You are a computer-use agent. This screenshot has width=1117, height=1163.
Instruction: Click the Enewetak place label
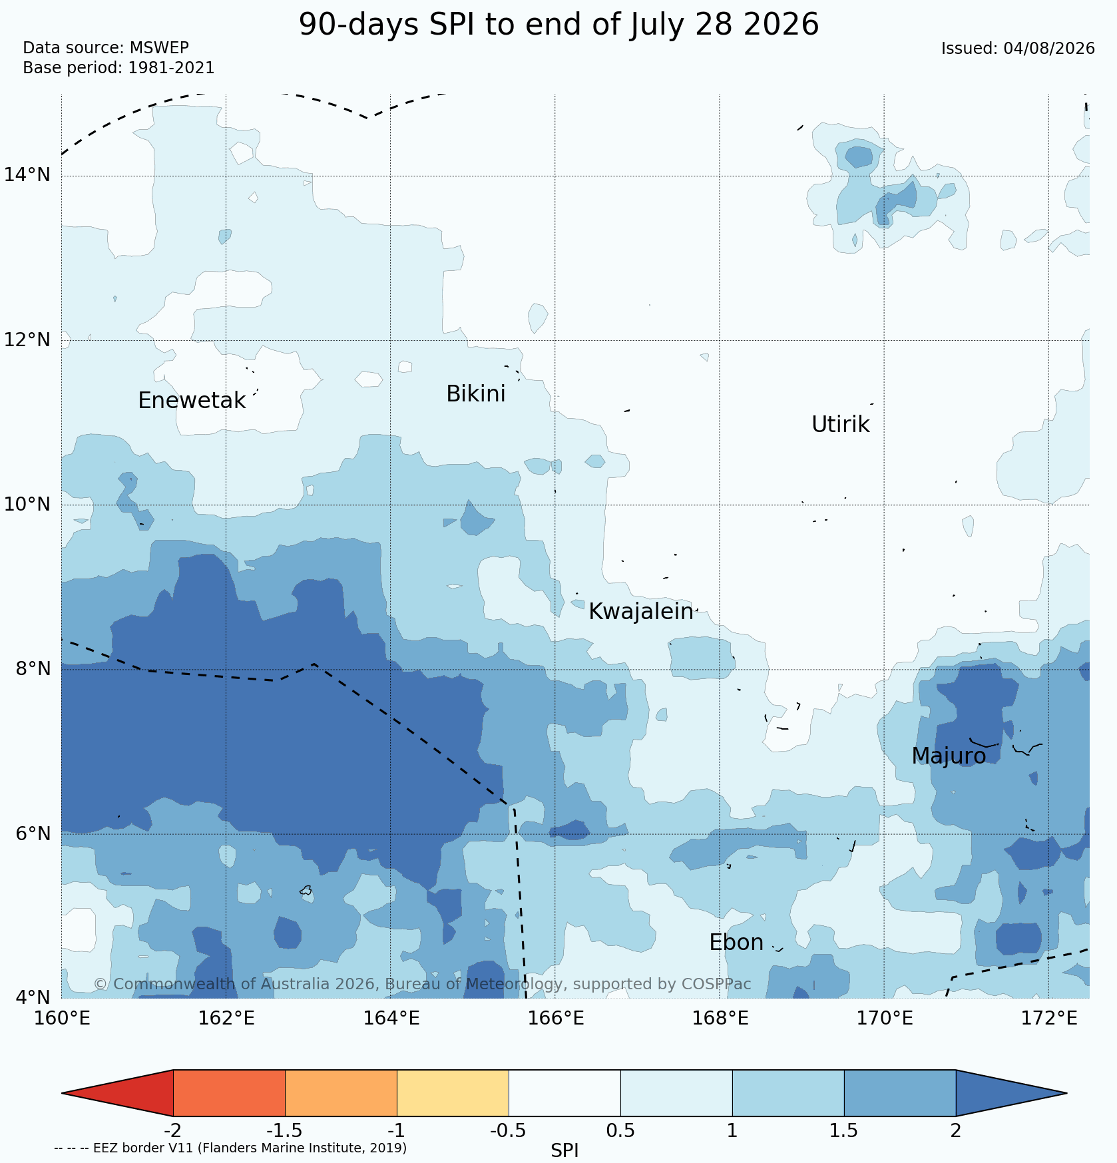(192, 401)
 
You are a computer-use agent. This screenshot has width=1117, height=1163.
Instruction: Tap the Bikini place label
(476, 394)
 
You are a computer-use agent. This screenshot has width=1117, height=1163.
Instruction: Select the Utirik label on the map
(841, 425)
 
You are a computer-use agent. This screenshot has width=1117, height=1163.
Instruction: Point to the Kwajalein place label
(641, 612)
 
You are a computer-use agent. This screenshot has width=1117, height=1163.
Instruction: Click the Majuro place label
(949, 756)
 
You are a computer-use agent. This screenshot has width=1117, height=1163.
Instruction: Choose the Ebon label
(736, 943)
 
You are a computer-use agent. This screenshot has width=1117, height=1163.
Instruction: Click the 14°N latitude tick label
(27, 175)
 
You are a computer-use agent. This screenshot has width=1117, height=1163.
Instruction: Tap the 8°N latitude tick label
(32, 668)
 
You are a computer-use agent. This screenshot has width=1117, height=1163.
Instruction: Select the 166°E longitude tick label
(555, 1019)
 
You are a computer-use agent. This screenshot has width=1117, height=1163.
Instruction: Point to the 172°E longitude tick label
(1048, 1019)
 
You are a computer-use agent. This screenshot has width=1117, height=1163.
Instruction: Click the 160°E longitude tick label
(61, 1019)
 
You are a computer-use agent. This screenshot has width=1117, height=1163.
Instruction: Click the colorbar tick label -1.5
(284, 1131)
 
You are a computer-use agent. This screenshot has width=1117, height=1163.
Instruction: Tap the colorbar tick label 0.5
(620, 1131)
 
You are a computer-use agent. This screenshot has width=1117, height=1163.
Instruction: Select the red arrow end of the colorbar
(118, 1093)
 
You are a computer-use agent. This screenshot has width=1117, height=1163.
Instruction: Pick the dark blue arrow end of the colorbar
(1011, 1093)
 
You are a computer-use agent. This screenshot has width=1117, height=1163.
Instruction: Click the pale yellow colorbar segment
(453, 1093)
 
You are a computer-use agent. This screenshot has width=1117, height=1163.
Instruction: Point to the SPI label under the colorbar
(564, 1150)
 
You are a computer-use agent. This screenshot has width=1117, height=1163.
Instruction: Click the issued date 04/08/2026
(1049, 49)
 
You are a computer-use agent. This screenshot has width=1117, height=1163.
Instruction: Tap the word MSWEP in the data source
(159, 48)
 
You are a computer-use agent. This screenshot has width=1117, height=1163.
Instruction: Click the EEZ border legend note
(230, 1148)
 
